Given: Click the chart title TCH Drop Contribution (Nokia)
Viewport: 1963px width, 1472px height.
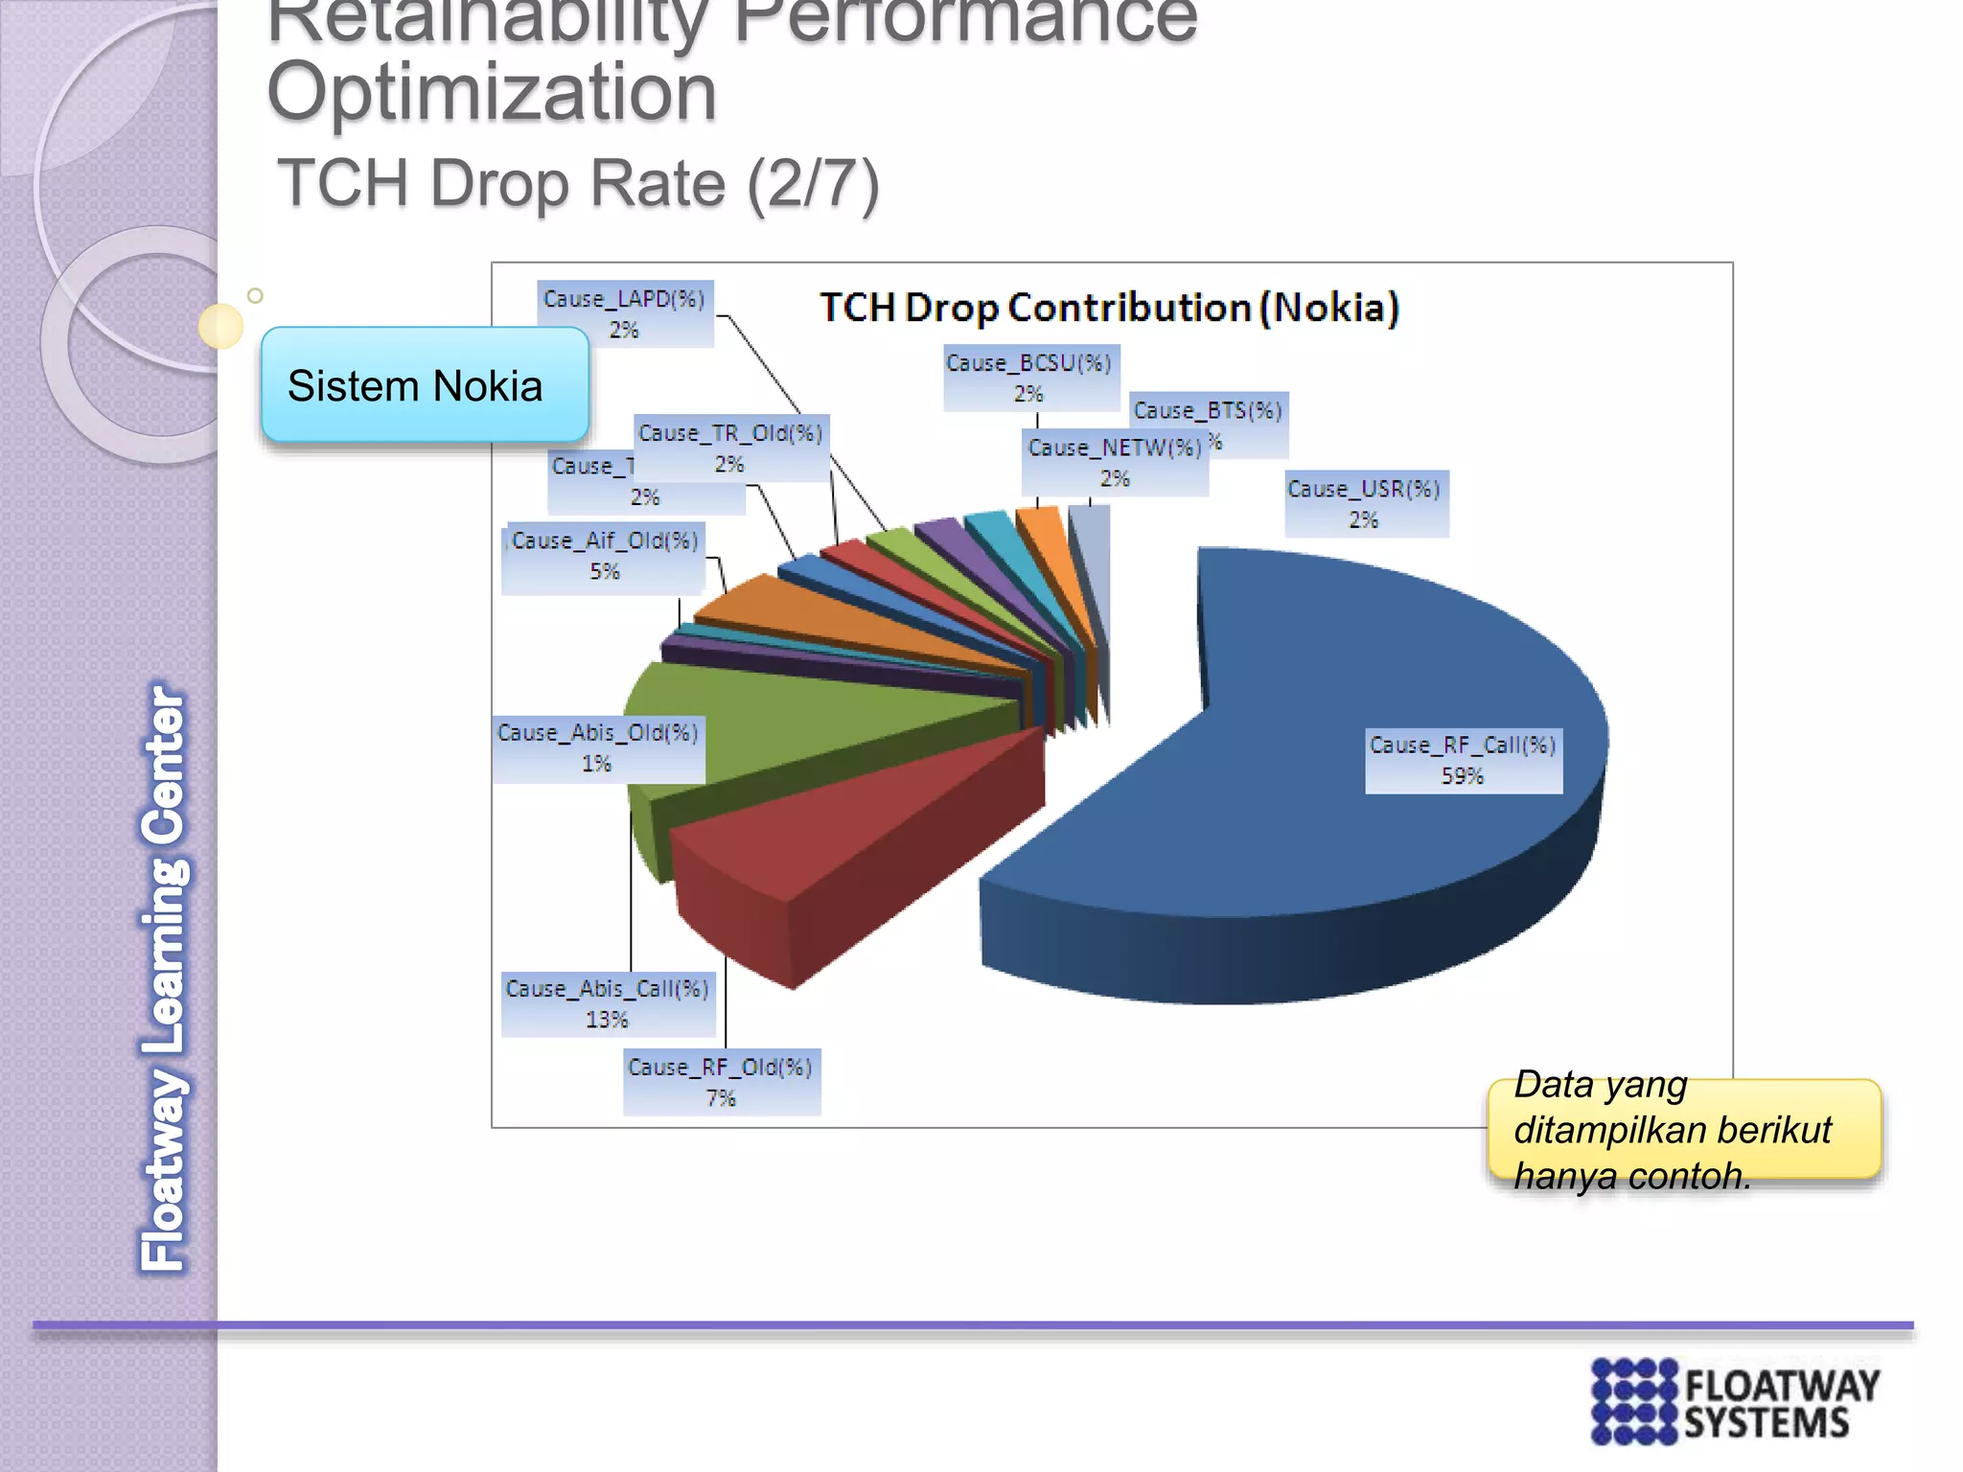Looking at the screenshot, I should coord(1109,309).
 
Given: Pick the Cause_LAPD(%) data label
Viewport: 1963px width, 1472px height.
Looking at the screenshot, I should coord(624,313).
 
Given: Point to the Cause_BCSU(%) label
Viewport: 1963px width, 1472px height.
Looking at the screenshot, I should coord(1029,378).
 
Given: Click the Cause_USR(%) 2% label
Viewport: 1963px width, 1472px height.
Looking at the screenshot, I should coord(1364,503).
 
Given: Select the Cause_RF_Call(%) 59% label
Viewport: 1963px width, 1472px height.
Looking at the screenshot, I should coord(1463,760).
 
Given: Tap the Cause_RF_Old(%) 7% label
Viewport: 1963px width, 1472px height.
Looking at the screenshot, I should coord(721,1082).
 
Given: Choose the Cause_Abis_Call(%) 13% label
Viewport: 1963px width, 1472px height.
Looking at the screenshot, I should coord(608,1002).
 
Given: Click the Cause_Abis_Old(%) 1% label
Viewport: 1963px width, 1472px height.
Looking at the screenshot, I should coord(598,747).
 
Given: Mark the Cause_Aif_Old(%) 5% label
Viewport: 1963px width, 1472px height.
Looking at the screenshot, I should coord(604,556).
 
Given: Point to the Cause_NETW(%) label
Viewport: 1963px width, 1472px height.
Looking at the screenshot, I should coord(1115,462).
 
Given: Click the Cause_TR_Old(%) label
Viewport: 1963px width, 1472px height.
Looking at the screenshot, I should coord(730,448).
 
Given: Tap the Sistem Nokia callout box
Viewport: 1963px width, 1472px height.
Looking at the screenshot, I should coord(425,385).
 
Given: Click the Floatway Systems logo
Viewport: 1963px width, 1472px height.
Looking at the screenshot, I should coord(1735,1402).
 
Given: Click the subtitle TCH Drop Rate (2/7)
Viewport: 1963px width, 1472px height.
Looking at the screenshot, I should coord(578,184).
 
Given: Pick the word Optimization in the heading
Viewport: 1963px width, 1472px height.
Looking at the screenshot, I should coord(492,93).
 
